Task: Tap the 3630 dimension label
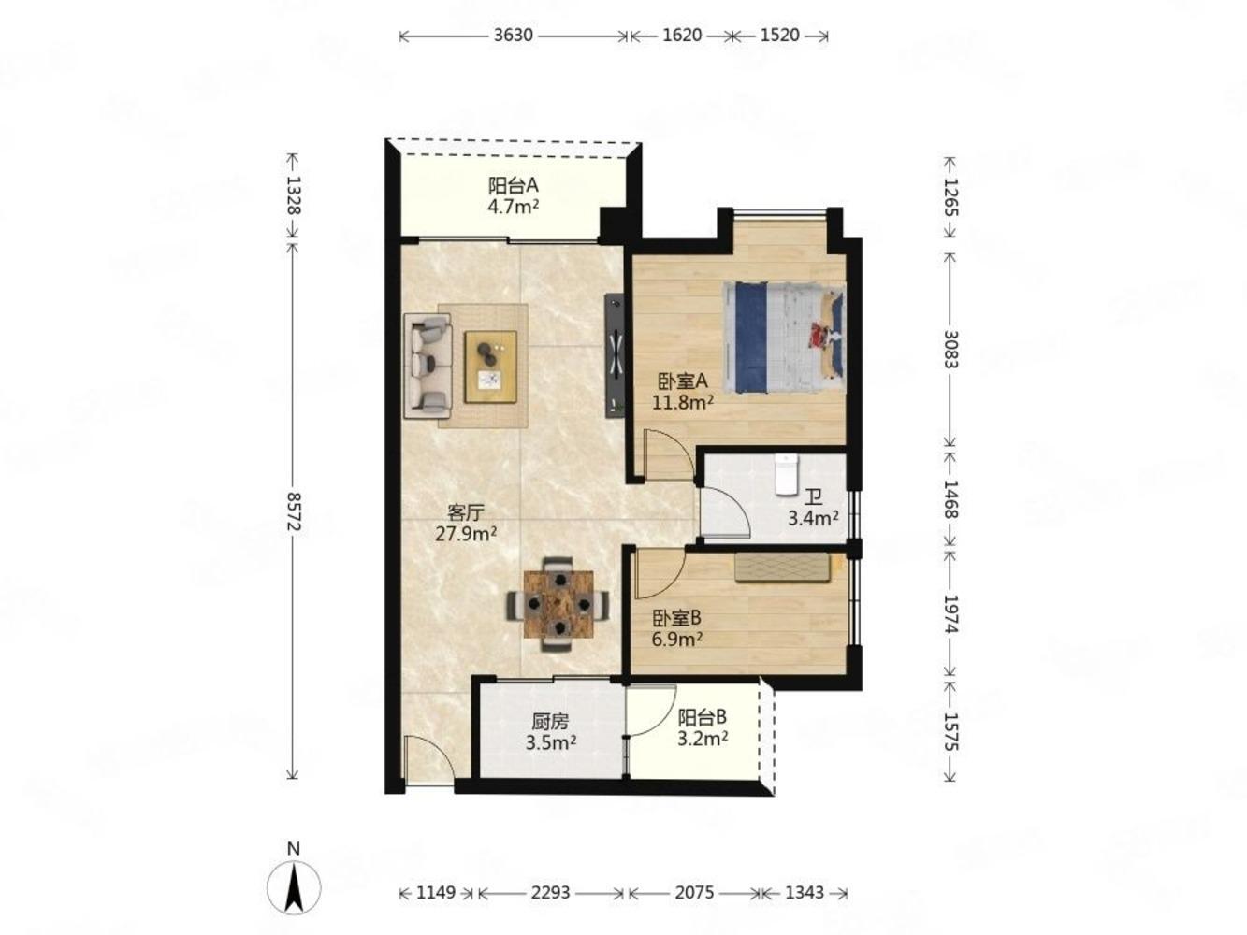513,36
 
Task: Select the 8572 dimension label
293,512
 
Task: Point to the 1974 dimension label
950,613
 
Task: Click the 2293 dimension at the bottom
550,893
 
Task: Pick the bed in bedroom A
783,338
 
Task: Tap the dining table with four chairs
558,604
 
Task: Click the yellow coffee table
490,367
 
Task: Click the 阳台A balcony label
513,186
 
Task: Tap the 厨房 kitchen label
550,722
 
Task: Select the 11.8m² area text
682,402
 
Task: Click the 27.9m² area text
466,534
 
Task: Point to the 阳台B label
703,717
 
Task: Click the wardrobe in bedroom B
783,568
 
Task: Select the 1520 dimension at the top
779,36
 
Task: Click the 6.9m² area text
676,640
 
